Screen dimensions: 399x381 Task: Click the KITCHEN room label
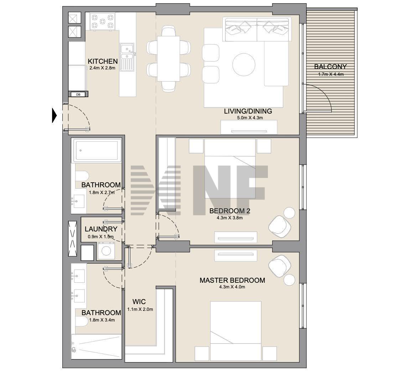[103, 61]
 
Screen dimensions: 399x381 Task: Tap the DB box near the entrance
[78, 94]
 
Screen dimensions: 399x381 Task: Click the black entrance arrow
[54, 115]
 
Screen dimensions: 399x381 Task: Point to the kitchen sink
[127, 57]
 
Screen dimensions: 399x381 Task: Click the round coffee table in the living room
[244, 64]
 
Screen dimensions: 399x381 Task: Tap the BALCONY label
[330, 67]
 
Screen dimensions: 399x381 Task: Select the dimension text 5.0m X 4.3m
[250, 118]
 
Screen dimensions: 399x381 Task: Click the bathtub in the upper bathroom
[97, 150]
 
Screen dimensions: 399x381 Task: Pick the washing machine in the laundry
[106, 251]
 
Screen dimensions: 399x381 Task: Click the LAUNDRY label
[101, 229]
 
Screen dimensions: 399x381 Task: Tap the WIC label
[139, 302]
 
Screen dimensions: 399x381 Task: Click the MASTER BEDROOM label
[232, 280]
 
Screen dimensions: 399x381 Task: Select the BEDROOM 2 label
[230, 211]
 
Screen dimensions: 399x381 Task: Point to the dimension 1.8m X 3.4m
[102, 320]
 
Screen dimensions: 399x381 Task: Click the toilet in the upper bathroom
[82, 176]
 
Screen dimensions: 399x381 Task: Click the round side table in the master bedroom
[289, 280]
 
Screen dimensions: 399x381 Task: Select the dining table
[169, 59]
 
